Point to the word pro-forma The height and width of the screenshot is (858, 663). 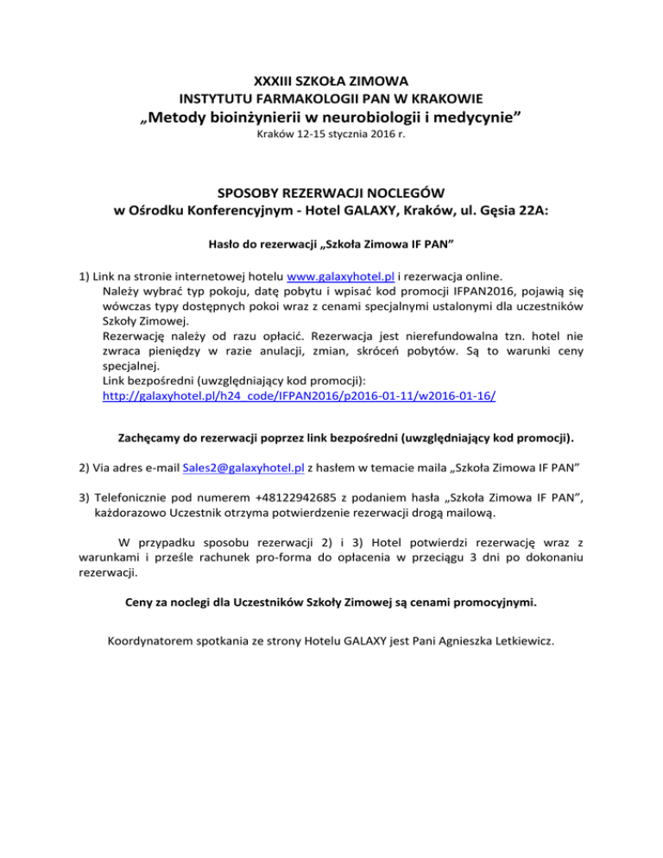[317, 557]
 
